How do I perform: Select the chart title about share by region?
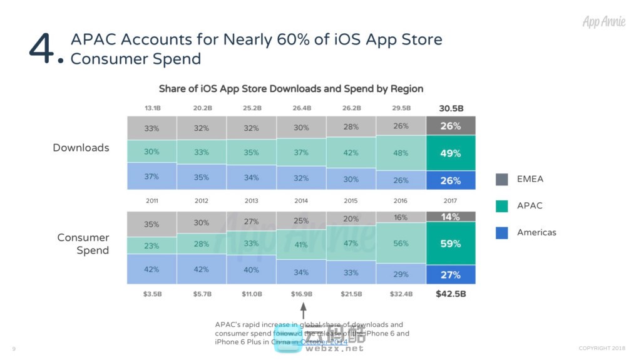tap(291, 88)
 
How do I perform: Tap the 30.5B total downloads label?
tap(450, 108)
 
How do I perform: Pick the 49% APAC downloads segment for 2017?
tap(450, 153)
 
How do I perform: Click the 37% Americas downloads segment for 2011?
tap(151, 177)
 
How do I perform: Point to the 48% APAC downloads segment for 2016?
tap(401, 153)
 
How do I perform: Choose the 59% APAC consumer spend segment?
tap(450, 244)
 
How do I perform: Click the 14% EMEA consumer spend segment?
tap(450, 217)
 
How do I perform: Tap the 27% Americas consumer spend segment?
tap(450, 274)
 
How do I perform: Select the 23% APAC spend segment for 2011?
tap(151, 245)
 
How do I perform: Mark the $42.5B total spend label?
tap(451, 294)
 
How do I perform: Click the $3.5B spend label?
tap(151, 294)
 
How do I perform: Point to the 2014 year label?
tap(301, 201)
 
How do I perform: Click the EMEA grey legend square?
tap(502, 179)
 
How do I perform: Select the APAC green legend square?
tap(502, 205)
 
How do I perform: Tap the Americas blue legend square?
tap(502, 232)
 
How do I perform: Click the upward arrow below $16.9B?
tap(303, 310)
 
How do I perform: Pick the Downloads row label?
tap(81, 148)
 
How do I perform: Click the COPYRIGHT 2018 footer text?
tap(602, 348)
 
